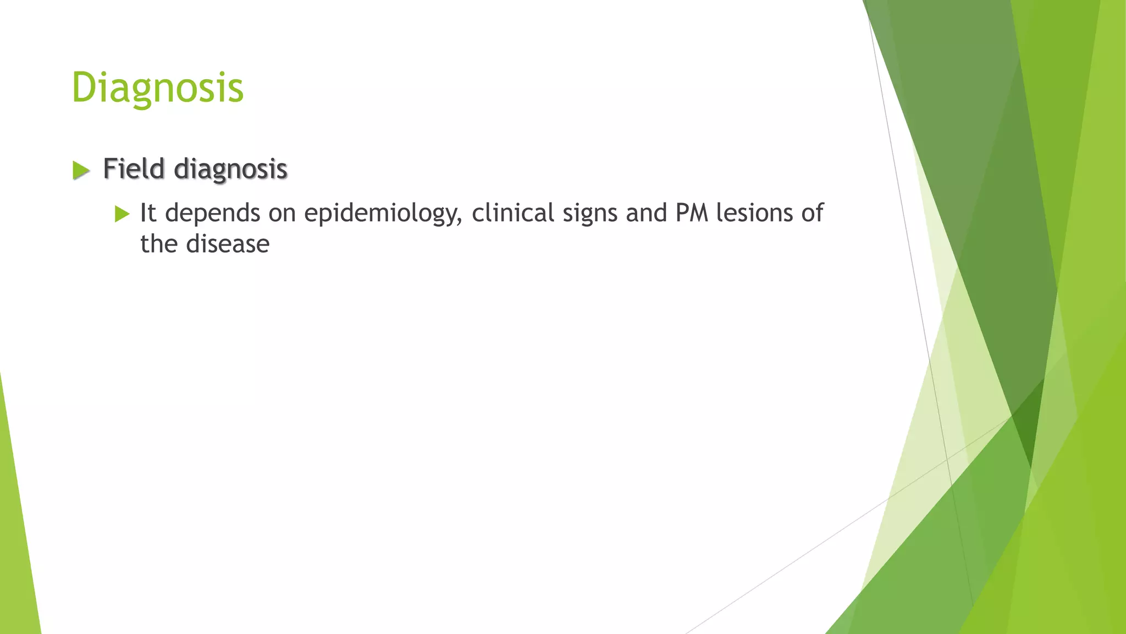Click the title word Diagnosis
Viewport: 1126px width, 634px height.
[x=157, y=88]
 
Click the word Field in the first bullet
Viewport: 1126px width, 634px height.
[x=134, y=168]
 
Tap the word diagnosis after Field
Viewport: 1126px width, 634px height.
[x=230, y=170]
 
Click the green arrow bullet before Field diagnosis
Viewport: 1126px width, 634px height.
[x=80, y=170]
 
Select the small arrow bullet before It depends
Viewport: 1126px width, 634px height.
[x=122, y=214]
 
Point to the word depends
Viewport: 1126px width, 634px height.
[x=212, y=214]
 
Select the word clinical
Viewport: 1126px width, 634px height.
[x=512, y=213]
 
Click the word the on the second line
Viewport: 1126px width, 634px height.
[x=158, y=244]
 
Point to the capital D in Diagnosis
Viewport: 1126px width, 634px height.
[x=83, y=88]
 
